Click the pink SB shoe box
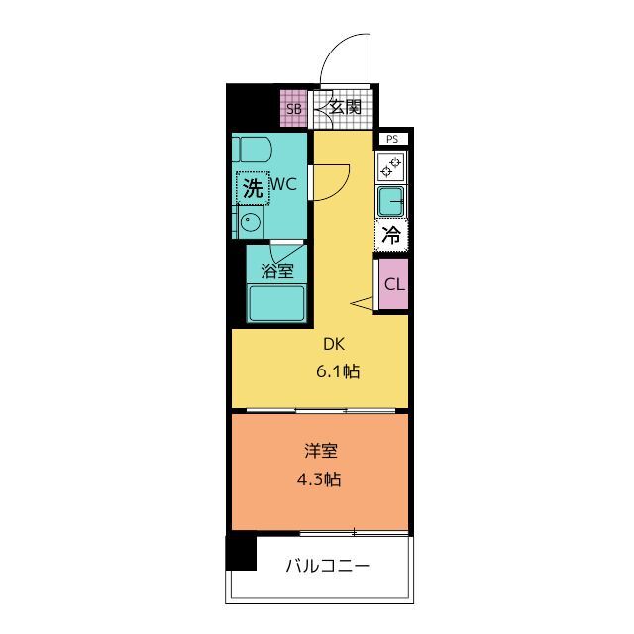pos(294,109)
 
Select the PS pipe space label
pos(392,140)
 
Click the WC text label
pos(284,184)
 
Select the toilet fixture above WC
pos(253,152)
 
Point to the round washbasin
pos(251,221)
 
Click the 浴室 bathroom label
pos(276,269)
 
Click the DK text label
pos(331,345)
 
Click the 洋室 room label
pos(321,451)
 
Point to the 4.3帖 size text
pos(321,479)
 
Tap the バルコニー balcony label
pos(327,567)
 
